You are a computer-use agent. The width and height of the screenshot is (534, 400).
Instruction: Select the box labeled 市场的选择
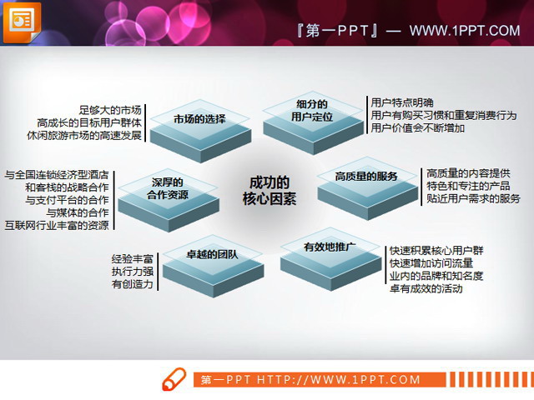click(x=200, y=120)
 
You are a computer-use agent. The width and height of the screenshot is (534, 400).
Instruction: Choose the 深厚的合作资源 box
click(x=167, y=189)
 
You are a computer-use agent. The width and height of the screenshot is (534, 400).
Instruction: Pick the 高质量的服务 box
click(x=366, y=177)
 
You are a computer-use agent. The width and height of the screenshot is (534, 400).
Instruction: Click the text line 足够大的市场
click(x=110, y=110)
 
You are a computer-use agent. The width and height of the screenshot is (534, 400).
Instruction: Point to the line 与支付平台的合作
click(x=68, y=200)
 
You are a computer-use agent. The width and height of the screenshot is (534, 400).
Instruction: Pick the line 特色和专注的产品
click(x=467, y=186)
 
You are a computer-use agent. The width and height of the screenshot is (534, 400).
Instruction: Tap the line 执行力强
click(x=133, y=272)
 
